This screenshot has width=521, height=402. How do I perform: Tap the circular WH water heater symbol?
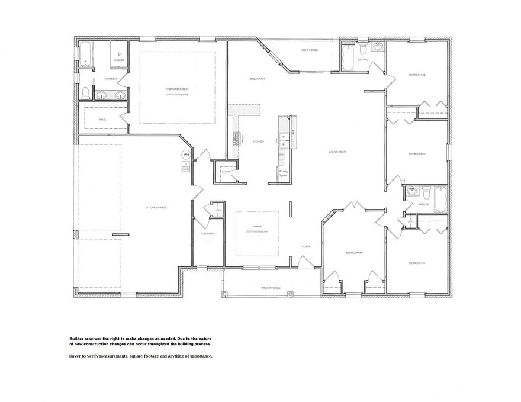pos(186,155)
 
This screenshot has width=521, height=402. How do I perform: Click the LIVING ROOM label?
pos(337,152)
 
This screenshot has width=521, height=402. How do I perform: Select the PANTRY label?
pos(225,168)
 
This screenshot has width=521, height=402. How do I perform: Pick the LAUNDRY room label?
pos(207,234)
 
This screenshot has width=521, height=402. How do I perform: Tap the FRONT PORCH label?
pos(271,288)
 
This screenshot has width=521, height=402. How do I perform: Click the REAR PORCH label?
pos(310,50)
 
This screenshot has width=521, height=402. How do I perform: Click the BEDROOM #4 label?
pos(417,262)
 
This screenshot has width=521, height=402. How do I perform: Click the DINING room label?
pos(257,226)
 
